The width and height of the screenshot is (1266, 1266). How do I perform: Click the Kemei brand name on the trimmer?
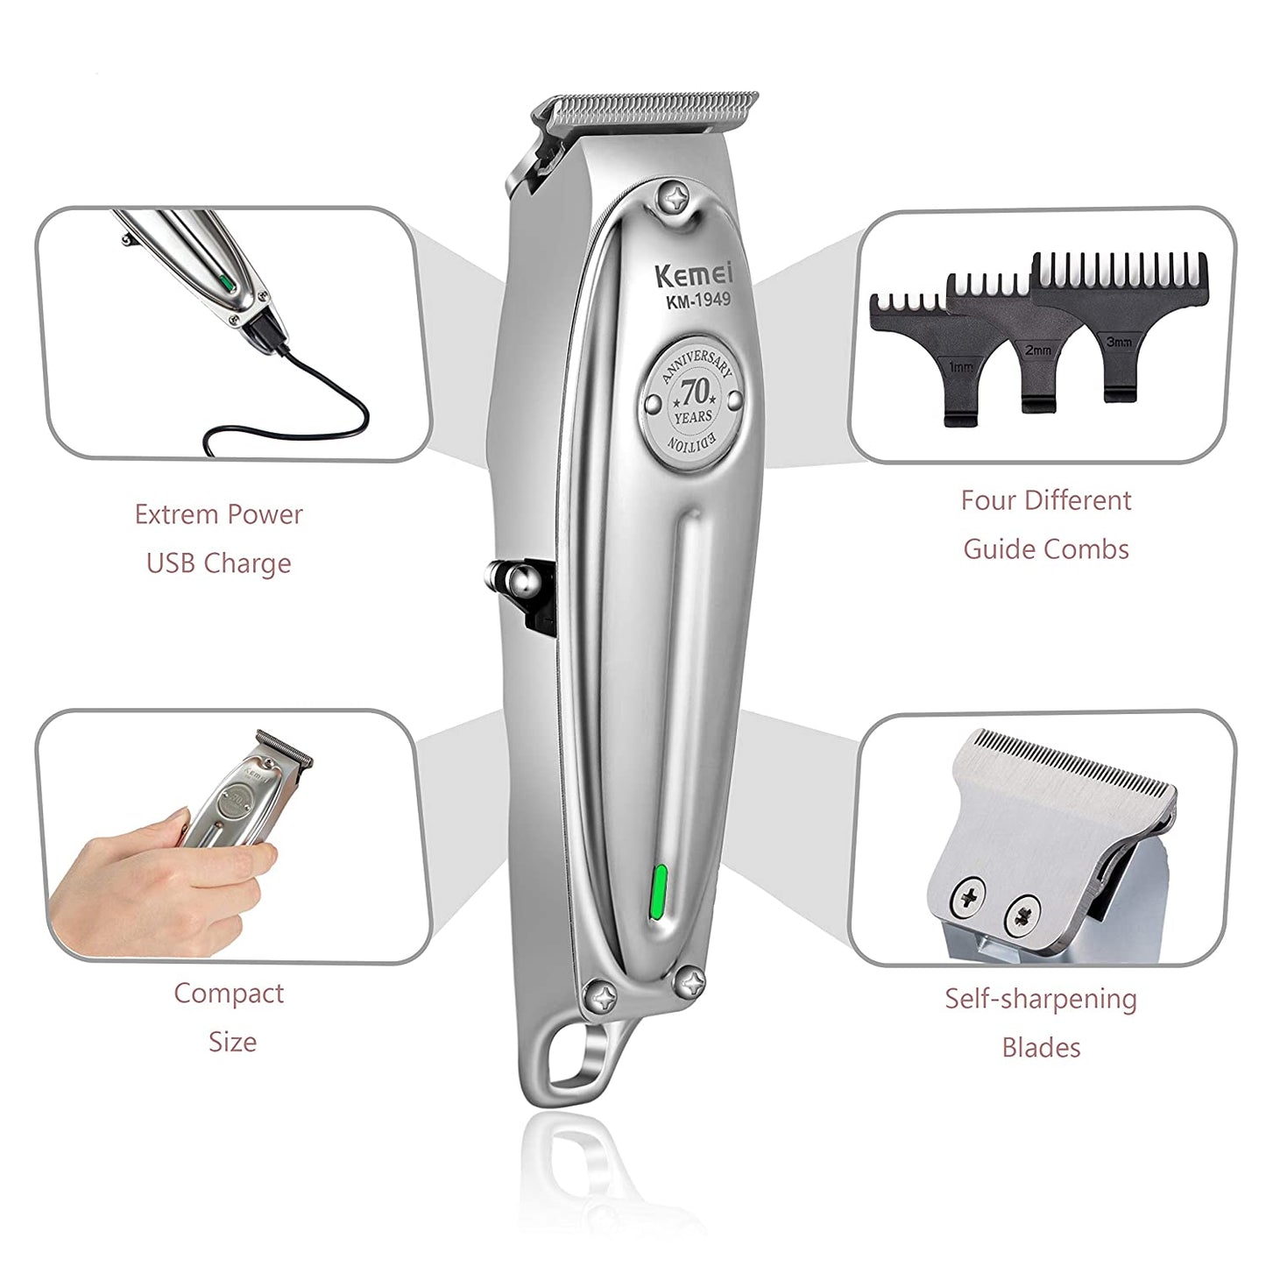694,274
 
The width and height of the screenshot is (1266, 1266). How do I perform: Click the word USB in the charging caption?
171,563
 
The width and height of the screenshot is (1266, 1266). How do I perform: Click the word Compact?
229,993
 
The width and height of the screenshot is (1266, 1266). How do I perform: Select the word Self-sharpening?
1040,999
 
